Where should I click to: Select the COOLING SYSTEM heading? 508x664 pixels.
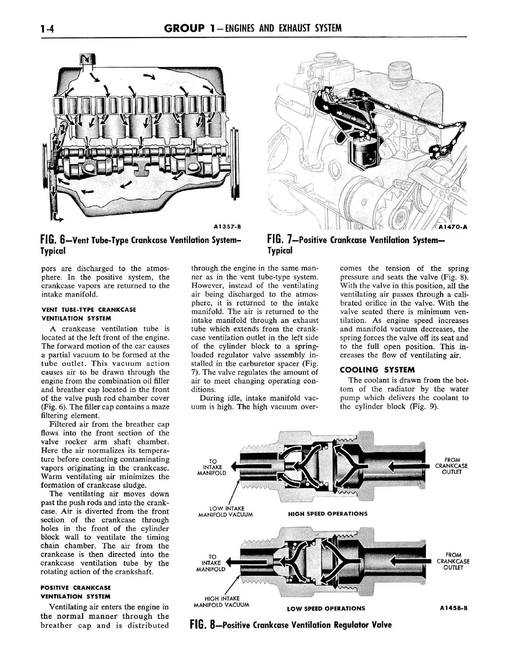pos(377,370)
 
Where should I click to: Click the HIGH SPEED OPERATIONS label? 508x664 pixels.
pos(328,514)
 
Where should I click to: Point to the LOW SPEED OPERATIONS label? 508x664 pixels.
pos(326,609)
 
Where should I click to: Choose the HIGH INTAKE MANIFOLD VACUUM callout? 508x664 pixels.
pos(222,601)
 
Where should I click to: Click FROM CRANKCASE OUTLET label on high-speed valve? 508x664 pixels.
pos(452,466)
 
